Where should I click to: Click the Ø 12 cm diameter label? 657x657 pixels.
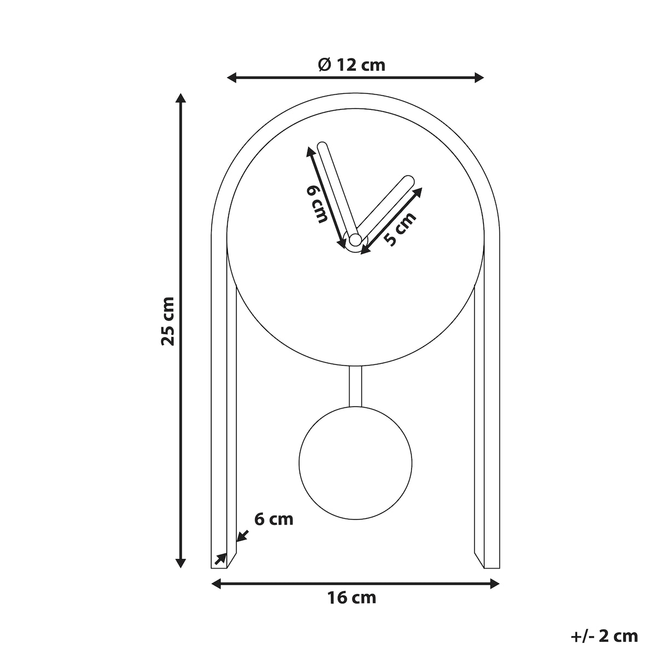[x=351, y=65]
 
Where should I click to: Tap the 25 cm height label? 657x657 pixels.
[x=168, y=321]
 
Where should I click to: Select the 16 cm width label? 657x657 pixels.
[x=351, y=598]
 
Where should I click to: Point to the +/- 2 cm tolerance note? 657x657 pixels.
[x=604, y=636]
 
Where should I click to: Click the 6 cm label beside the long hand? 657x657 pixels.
[x=316, y=204]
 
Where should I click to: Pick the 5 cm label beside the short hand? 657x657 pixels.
[x=400, y=228]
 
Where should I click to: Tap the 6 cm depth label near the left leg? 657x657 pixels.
[x=274, y=519]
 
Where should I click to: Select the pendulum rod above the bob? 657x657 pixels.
[x=355, y=387]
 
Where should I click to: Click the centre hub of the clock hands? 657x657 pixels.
[x=355, y=240]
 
